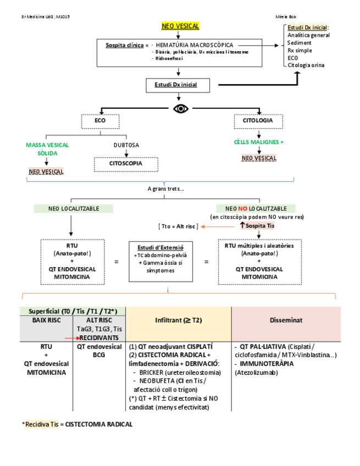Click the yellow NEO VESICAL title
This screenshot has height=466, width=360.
click(x=180, y=26)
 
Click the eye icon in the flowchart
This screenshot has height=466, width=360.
click(x=180, y=108)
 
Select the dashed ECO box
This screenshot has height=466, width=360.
click(x=100, y=121)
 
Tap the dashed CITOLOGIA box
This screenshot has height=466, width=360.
click(x=258, y=121)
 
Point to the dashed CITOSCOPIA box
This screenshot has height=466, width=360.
click(x=126, y=164)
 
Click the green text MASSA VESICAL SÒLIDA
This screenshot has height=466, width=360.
click(x=47, y=149)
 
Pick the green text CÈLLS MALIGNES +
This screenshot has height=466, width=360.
click(x=258, y=142)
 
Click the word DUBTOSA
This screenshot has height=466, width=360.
click(x=126, y=145)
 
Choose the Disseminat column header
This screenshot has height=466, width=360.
click(x=286, y=319)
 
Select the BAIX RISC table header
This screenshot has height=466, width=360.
click(x=46, y=319)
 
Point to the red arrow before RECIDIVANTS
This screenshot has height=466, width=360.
click(x=69, y=338)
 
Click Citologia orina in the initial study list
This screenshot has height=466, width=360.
click(x=306, y=65)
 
